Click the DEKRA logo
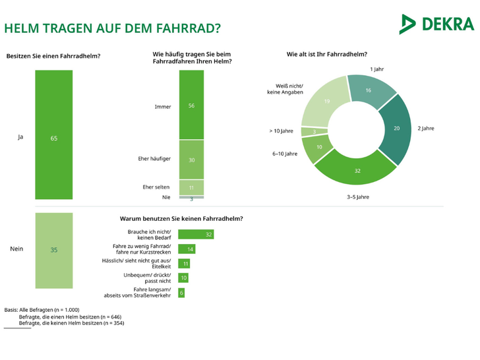(x=436, y=24)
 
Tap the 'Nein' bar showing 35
(x=53, y=250)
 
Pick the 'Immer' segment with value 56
(x=191, y=104)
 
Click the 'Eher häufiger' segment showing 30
(x=191, y=159)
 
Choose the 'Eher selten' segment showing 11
(x=191, y=187)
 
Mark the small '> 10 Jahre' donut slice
(x=315, y=131)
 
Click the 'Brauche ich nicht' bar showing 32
(x=196, y=234)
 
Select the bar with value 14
(x=187, y=249)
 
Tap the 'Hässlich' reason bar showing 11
(x=185, y=263)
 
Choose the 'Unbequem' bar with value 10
(x=184, y=278)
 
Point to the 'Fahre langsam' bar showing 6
(x=181, y=292)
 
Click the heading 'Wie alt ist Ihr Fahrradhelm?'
(x=326, y=55)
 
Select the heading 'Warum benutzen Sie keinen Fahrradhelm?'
(x=181, y=218)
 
